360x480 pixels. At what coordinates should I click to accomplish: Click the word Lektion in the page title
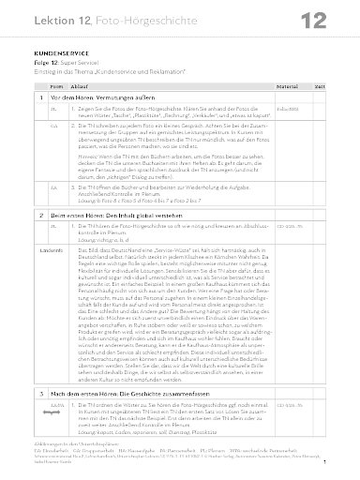[x=38, y=21]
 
